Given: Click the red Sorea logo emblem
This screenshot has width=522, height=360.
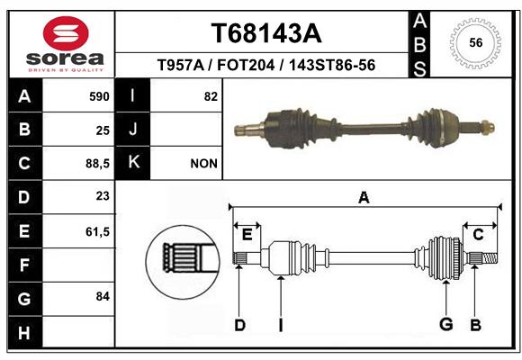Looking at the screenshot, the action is [66, 33].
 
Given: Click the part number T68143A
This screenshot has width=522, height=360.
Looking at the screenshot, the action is [266, 33].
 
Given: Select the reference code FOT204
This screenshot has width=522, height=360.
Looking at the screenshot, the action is [246, 65].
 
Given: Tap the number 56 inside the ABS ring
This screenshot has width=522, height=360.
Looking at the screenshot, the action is [476, 42].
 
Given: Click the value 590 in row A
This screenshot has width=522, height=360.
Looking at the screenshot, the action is [99, 96].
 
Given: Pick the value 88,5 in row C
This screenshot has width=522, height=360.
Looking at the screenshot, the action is [97, 164].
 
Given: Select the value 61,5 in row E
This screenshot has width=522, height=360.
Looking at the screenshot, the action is [97, 231].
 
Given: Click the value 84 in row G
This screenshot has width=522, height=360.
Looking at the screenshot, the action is [103, 296].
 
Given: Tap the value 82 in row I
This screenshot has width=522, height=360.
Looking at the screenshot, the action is [211, 96].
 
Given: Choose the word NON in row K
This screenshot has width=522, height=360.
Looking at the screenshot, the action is [203, 164].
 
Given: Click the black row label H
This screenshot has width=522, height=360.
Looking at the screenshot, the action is [25, 332].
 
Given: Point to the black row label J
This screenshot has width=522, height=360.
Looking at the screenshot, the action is [132, 130].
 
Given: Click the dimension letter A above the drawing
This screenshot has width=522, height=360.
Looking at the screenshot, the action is [364, 198].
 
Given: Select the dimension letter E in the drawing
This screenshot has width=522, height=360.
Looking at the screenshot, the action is [247, 235].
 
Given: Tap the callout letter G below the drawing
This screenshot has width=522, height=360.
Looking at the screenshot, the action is [445, 324].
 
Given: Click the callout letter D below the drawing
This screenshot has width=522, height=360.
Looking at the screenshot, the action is [239, 325].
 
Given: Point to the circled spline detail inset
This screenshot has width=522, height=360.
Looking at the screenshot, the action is [183, 262].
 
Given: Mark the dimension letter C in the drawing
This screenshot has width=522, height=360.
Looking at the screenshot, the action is [478, 235].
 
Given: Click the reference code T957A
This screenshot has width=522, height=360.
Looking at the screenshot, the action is [180, 65].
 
